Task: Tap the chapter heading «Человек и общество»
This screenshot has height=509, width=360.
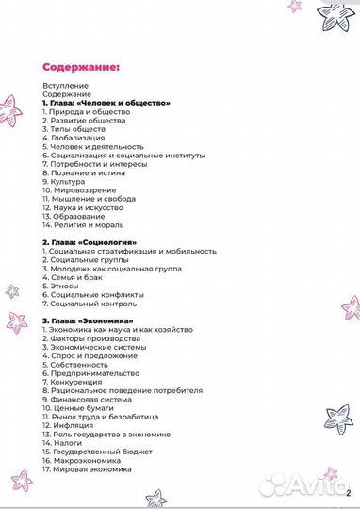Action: [x=106, y=103]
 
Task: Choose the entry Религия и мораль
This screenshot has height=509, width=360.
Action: [x=90, y=224]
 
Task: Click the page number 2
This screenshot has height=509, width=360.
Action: [x=348, y=492]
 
